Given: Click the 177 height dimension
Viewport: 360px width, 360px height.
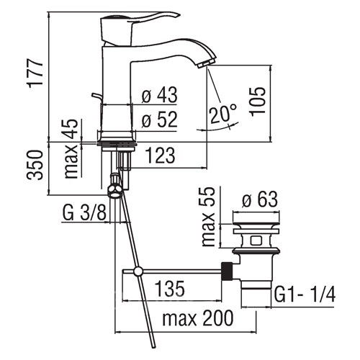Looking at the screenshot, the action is pos(35,73).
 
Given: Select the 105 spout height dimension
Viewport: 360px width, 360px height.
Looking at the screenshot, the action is pos(258,102).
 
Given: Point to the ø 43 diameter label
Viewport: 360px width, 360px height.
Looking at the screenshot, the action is pos(159,94).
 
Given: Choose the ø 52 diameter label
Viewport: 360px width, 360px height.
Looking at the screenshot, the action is pos(159,120).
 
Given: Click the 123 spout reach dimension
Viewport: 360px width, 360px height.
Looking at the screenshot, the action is pos(161,156).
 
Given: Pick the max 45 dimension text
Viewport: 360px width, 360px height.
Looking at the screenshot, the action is pos(71,149).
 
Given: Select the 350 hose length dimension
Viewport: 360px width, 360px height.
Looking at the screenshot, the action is pos(35,165).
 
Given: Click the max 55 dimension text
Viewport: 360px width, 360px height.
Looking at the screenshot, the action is pos(208,217).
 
